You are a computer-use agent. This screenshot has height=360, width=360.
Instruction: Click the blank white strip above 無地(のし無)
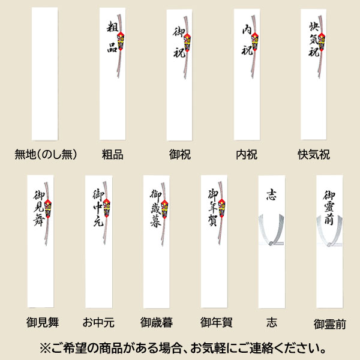(45, 74)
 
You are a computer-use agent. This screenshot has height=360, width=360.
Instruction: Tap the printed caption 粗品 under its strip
(113, 155)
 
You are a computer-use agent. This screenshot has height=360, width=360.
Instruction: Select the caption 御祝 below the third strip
(180, 155)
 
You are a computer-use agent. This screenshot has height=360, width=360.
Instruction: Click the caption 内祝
(247, 155)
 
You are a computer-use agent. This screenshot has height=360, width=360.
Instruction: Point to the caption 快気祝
(314, 155)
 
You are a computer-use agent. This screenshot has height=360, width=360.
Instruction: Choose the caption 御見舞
(43, 322)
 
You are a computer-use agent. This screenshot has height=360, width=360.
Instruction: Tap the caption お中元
(98, 322)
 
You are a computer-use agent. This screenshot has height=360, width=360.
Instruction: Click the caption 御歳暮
(157, 322)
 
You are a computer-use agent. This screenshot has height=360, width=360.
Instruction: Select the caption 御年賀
(216, 322)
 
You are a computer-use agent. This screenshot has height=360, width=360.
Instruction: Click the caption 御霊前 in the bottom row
(329, 324)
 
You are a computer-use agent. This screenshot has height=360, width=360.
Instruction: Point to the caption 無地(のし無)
(46, 155)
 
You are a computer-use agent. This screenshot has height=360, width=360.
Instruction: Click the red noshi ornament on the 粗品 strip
(121, 41)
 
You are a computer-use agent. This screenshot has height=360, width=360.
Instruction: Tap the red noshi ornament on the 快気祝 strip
(322, 41)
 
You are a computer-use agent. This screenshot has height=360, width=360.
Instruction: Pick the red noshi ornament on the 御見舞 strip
(48, 209)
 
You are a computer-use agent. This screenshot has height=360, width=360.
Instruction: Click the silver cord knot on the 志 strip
(271, 243)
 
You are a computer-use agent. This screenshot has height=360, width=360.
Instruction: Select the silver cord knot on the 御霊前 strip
(329, 244)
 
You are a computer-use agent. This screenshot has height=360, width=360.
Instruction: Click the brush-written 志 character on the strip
(271, 194)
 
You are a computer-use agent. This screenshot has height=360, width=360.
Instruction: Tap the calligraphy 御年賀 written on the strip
(213, 208)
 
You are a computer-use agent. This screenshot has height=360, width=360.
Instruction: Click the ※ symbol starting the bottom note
(45, 349)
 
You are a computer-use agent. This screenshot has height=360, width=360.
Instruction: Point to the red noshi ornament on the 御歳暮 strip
(164, 209)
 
